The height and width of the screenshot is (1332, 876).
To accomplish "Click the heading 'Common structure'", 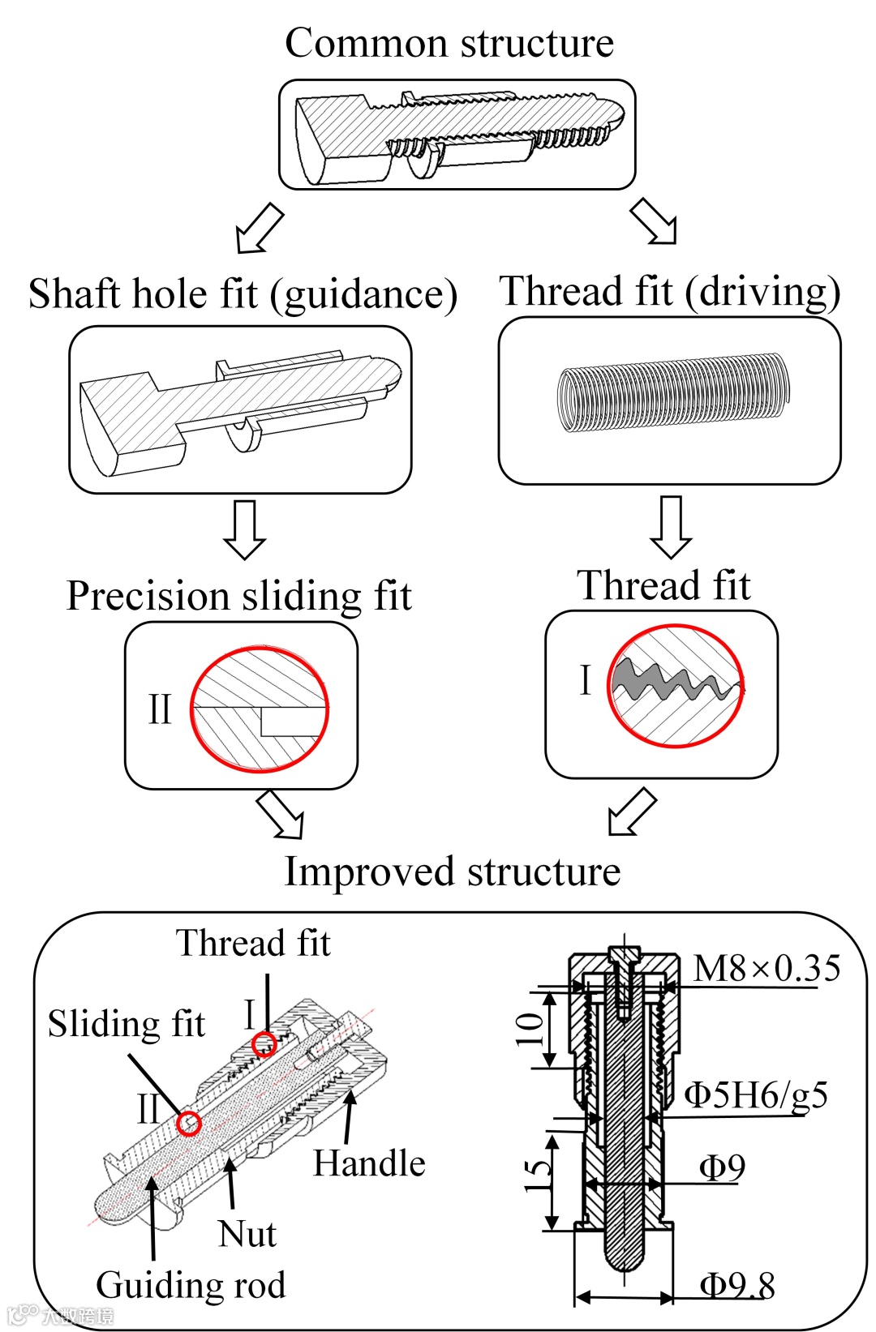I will [449, 42].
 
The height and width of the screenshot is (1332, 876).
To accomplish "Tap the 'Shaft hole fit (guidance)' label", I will [243, 294].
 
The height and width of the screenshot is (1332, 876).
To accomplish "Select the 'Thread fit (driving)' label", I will [669, 292].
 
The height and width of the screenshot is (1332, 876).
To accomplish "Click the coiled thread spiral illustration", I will [672, 394].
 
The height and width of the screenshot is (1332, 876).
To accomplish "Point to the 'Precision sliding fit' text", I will [239, 596].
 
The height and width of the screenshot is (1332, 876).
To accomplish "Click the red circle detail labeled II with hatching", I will [260, 709].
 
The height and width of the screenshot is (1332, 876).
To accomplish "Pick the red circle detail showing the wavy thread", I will [676, 686].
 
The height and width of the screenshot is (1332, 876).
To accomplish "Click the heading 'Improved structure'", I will [452, 872].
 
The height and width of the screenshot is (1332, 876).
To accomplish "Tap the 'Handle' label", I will [369, 1163].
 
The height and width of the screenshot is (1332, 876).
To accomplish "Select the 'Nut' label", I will [247, 1234].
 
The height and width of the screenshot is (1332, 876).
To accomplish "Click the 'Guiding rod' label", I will [191, 1285].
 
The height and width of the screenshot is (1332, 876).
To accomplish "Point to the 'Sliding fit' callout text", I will [127, 1024].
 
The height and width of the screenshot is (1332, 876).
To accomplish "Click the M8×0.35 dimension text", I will [766, 968].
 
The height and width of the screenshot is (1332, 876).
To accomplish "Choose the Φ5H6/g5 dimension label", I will [756, 1094].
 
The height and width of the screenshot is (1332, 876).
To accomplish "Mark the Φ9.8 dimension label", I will [736, 1285].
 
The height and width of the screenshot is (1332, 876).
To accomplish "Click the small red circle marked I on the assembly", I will [264, 1044].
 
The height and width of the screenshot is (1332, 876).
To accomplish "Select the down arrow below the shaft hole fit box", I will [244, 529].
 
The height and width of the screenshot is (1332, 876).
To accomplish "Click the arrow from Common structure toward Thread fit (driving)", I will [654, 221].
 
